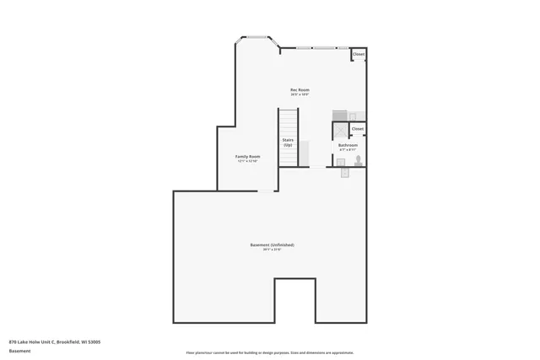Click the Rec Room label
coord(300,89)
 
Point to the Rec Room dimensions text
coord(300,94)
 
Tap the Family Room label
coord(247,156)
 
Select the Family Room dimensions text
coord(247,161)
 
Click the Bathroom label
coord(348,145)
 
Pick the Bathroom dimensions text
coord(348,150)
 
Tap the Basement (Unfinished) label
coord(272,244)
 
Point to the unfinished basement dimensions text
coord(272,250)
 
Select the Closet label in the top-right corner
coord(359,54)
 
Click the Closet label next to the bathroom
coord(358,129)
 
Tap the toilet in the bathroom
coord(359,159)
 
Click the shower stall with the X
coord(340,131)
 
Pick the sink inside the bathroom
coord(340,162)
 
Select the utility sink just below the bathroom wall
coord(345,173)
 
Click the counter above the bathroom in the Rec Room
coord(348,116)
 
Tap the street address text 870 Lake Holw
coord(55,341)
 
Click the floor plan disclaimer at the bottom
coord(270,352)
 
